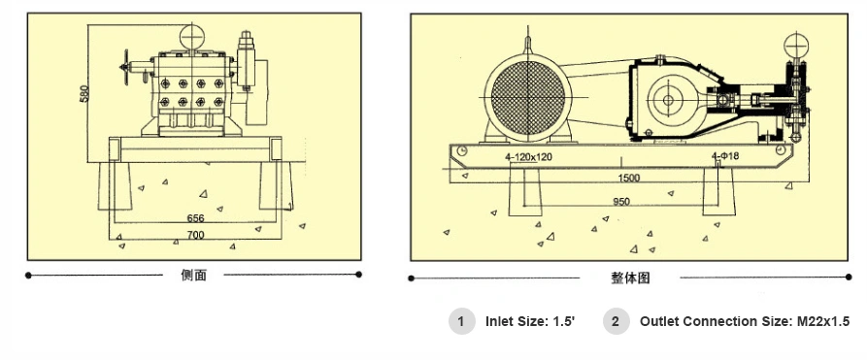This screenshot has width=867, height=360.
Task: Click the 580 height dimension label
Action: click(x=84, y=93)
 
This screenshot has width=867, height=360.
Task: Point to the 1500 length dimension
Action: click(x=628, y=179)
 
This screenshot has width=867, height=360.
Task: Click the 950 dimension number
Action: click(x=621, y=202)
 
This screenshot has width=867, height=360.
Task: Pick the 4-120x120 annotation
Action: click(x=528, y=156)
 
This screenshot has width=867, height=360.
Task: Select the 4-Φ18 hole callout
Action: click(x=725, y=156)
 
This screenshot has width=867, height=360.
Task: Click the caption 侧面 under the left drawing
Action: click(x=194, y=276)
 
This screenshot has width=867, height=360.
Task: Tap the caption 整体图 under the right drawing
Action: click(x=630, y=278)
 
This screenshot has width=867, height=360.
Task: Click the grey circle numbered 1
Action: click(x=462, y=321)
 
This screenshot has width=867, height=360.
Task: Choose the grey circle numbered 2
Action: click(x=617, y=321)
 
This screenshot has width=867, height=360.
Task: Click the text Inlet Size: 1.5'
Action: click(x=530, y=321)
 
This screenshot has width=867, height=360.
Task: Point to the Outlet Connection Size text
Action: click(x=745, y=321)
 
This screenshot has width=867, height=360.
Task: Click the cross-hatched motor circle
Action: click(x=527, y=95)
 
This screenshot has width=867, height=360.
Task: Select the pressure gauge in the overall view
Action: click(x=798, y=46)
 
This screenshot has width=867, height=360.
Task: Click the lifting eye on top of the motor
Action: click(x=527, y=44)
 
